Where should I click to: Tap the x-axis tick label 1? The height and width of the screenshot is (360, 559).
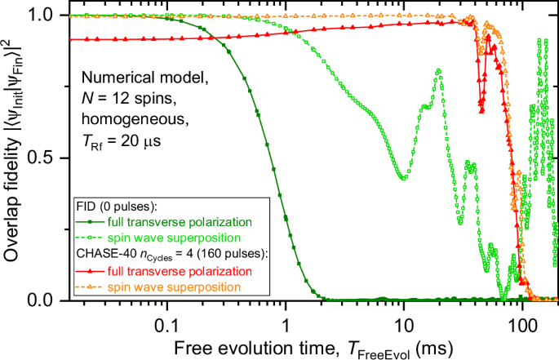(286, 317)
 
